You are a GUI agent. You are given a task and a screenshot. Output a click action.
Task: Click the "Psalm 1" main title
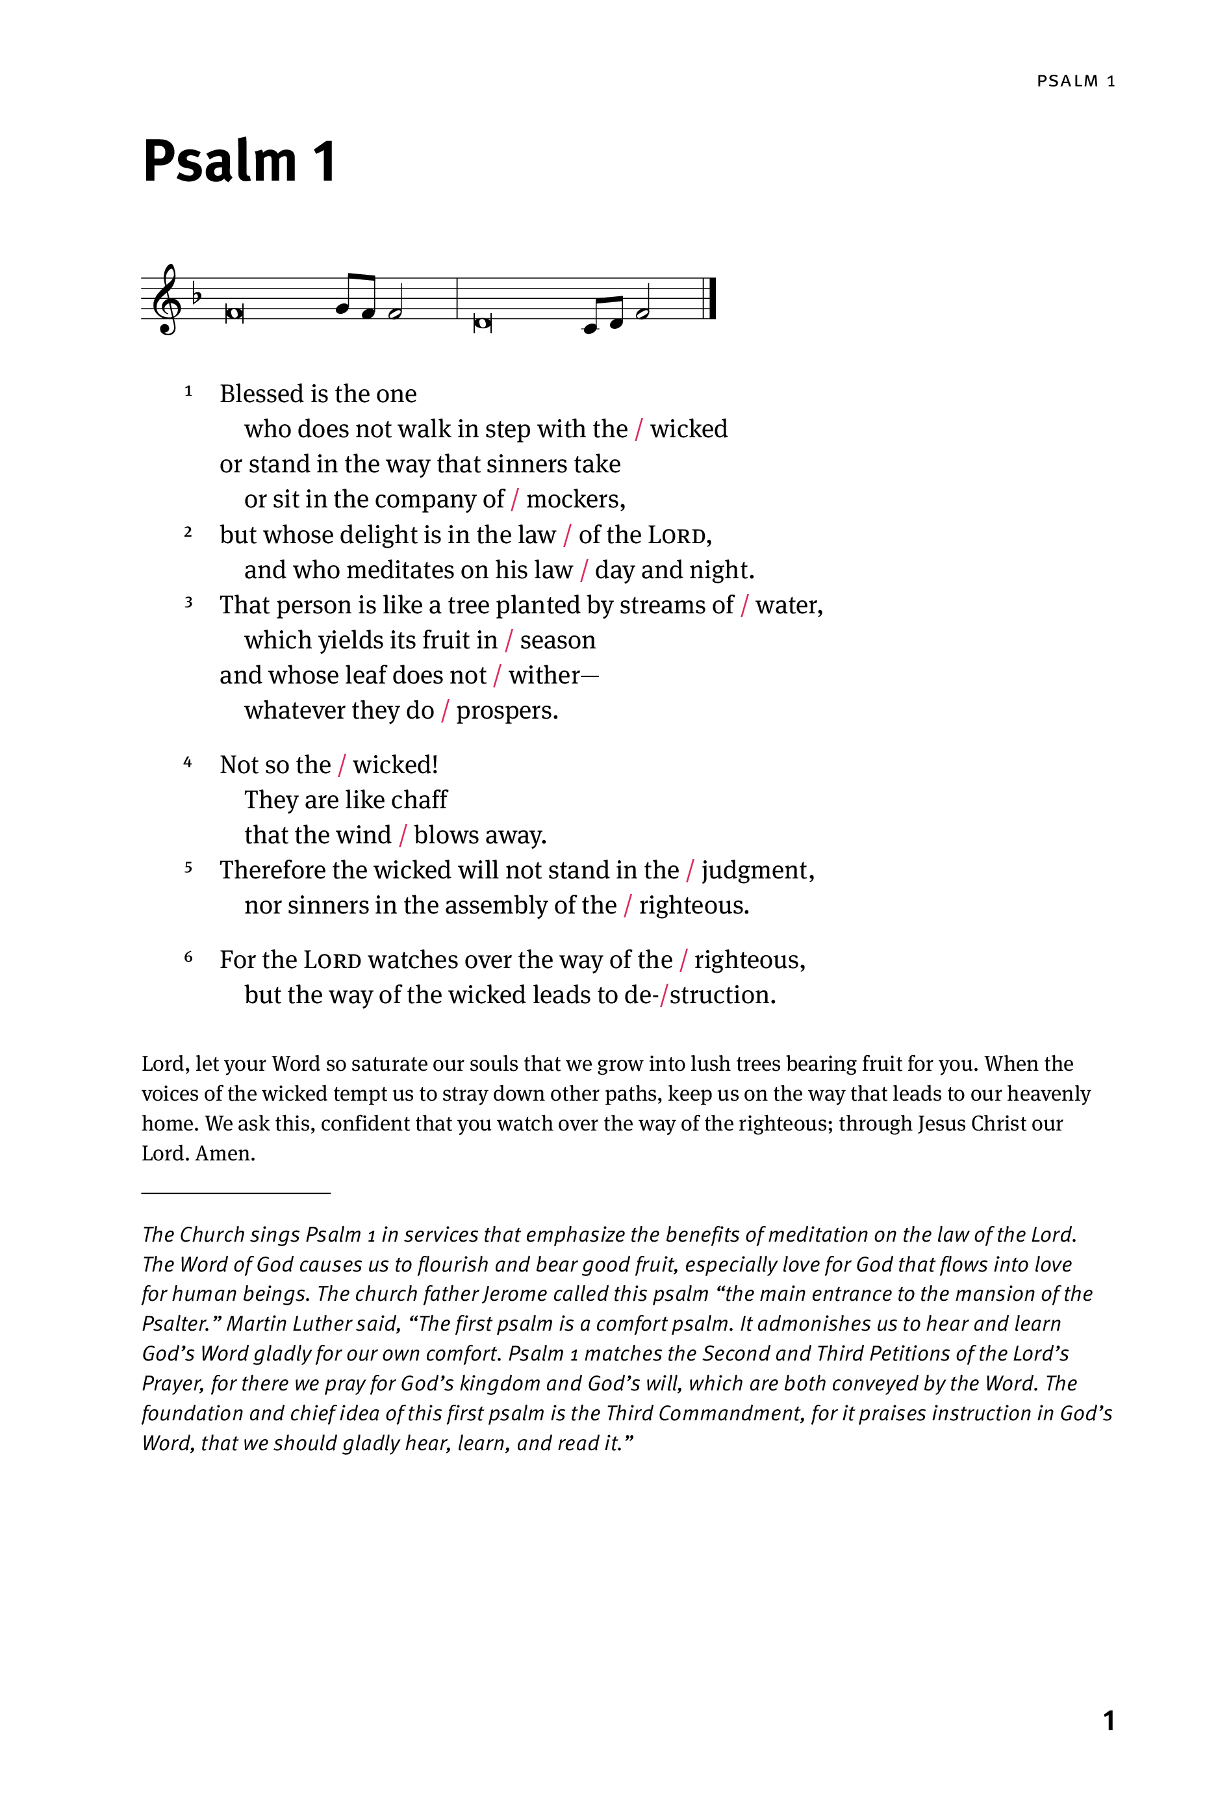tap(239, 160)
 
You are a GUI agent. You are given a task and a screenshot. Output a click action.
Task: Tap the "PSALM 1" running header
tap(1075, 81)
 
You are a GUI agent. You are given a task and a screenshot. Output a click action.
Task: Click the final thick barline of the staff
tap(711, 299)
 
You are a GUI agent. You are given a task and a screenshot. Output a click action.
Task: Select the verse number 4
tap(188, 763)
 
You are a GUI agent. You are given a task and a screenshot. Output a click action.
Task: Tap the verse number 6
tap(188, 957)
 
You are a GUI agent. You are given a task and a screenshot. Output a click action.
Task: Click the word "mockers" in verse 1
tap(574, 500)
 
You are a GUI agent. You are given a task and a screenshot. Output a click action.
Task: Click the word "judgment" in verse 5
tap(755, 871)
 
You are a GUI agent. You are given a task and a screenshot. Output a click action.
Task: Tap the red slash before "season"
tap(509, 641)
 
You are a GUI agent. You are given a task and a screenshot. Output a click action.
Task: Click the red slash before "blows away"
tap(403, 836)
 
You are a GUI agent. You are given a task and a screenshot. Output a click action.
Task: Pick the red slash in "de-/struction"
tap(663, 995)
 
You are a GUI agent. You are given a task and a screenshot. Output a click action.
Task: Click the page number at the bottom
tap(1109, 1720)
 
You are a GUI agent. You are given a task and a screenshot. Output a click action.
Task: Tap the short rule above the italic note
tap(236, 1192)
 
